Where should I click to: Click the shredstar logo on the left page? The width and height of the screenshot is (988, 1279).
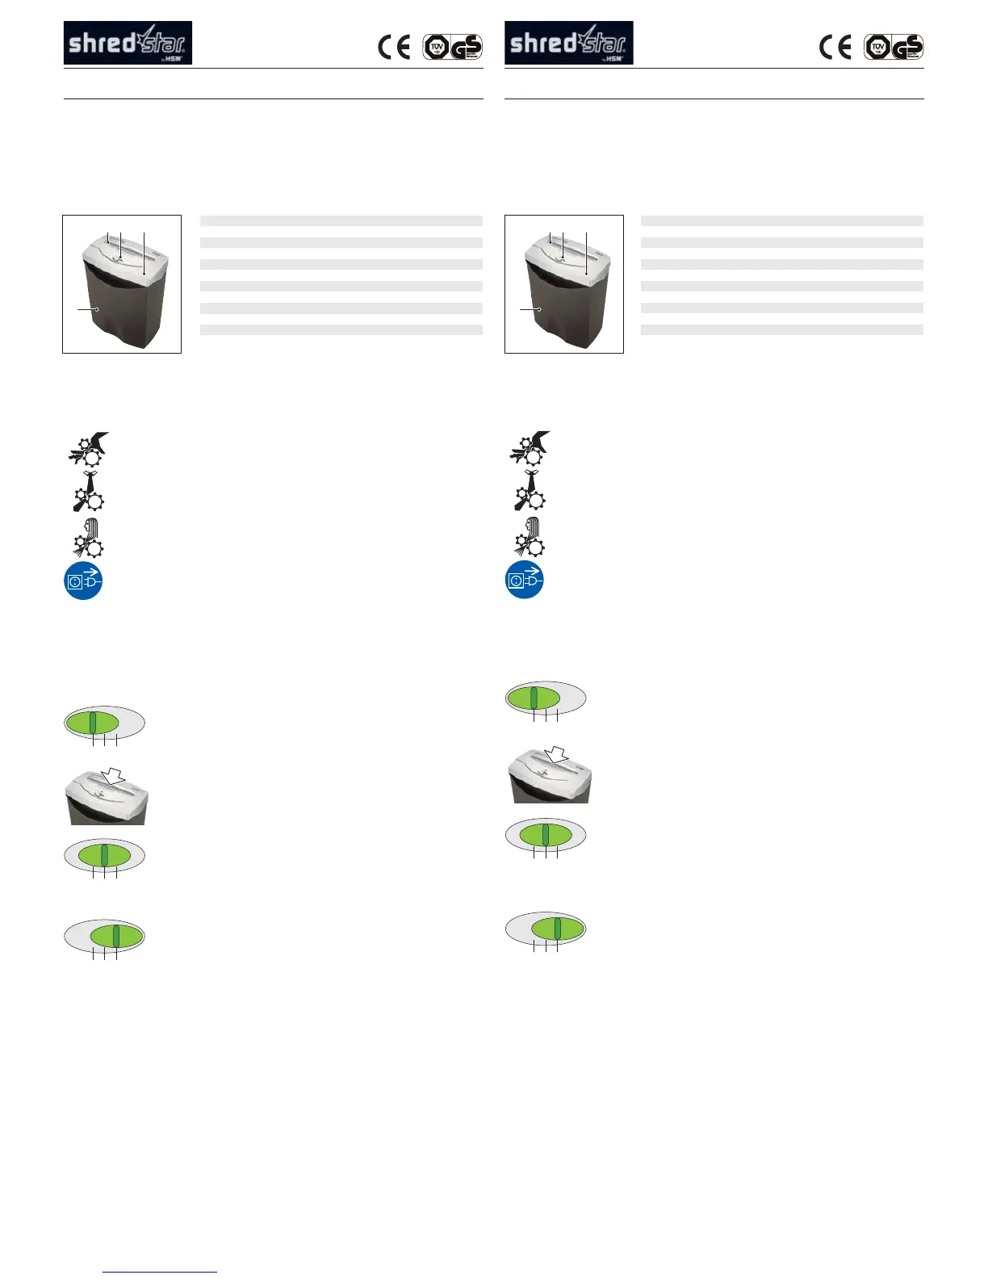coord(128,43)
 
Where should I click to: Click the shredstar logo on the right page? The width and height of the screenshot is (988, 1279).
coord(568,43)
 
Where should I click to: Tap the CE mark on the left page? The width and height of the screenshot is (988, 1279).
coord(394,48)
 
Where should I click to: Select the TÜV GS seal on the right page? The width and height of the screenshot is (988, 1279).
coord(894,47)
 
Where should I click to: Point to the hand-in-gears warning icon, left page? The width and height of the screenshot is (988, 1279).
coord(87,449)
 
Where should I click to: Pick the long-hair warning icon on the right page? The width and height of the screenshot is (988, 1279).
coord(529,537)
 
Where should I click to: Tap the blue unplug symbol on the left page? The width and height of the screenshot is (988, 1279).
coord(83,581)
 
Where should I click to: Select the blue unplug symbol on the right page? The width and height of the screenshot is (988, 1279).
coord(525,581)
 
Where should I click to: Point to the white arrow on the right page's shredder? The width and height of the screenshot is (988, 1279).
coord(556,754)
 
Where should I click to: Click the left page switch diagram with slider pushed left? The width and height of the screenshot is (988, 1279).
coord(104,723)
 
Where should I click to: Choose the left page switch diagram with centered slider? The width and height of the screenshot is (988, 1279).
coord(104,856)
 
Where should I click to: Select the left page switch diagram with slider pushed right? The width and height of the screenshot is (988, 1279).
coord(104,936)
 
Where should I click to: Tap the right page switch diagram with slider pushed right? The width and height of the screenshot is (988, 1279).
coord(546,929)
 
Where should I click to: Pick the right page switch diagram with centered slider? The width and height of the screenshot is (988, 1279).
coord(546,834)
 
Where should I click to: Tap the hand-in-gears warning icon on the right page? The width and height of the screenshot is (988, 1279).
coord(529,449)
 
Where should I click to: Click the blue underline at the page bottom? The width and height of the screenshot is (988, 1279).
coord(160,1273)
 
